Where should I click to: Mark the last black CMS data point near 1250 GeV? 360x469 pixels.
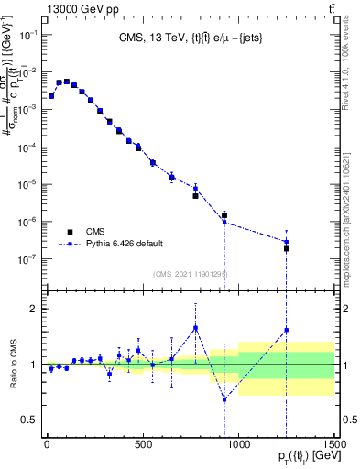tap(287, 248)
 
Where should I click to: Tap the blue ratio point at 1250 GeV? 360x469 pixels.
tap(287, 330)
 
